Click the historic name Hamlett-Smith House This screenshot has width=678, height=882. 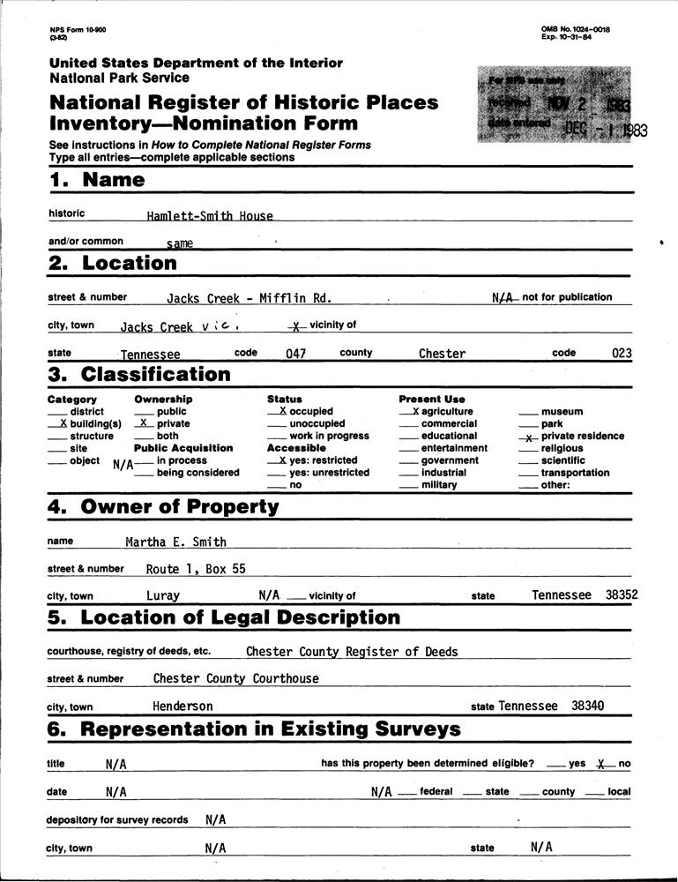coord(210,215)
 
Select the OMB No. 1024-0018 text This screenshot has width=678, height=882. coord(576,29)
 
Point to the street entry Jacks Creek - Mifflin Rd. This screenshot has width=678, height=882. coord(249,299)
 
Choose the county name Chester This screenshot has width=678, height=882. coord(442,354)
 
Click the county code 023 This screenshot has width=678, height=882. coord(622,354)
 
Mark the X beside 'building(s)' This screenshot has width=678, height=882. coord(63,424)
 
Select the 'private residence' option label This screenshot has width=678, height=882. coord(582,436)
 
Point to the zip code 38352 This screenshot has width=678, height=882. coord(622,595)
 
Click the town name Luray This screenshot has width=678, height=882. coord(163,595)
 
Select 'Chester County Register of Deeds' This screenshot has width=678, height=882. coord(352,652)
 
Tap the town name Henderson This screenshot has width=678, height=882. coord(183,706)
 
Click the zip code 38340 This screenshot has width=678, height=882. coord(588,706)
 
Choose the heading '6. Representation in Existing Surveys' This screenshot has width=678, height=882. coord(256,729)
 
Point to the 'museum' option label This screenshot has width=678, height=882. coord(562,412)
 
